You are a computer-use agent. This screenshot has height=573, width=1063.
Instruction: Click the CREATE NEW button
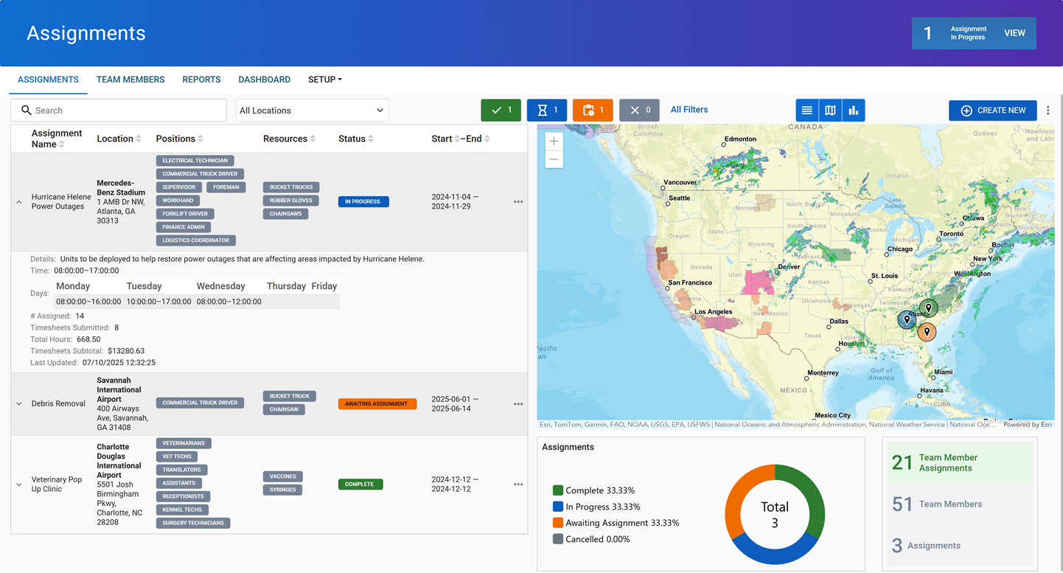(992, 111)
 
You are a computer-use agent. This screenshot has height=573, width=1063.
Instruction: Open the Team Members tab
(130, 80)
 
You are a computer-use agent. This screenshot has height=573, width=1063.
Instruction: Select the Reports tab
(201, 80)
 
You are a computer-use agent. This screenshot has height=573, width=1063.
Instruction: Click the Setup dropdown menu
(324, 80)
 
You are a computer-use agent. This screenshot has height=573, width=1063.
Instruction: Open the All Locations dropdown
(312, 111)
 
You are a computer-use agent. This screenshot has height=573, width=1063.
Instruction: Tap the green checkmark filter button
(501, 111)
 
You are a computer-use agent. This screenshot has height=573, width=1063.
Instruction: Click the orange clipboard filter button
(592, 111)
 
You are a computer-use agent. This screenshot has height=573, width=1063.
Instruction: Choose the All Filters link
(689, 110)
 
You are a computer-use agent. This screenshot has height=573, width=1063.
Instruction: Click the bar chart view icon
(853, 111)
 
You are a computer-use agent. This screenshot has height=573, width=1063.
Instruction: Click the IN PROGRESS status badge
(363, 201)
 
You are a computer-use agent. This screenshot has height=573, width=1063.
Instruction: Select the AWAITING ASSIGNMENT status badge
(377, 404)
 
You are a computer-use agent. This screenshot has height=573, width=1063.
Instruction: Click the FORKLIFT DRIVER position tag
(185, 214)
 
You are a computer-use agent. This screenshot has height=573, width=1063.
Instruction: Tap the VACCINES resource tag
(282, 476)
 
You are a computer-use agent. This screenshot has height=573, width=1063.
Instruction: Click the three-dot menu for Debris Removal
(517, 404)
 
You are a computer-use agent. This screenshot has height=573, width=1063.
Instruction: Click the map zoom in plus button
(554, 141)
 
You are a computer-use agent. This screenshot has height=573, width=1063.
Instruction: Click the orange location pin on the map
(927, 332)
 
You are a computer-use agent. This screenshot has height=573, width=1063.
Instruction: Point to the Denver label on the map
(789, 267)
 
